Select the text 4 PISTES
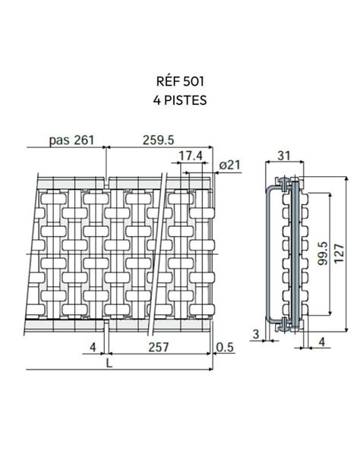pyautogui.click(x=179, y=100)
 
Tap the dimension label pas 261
pyautogui.click(x=71, y=140)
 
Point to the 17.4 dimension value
pyautogui.click(x=190, y=156)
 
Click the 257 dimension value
pyautogui.click(x=158, y=347)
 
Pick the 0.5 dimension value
pyautogui.click(x=224, y=347)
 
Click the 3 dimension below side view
pyautogui.click(x=256, y=335)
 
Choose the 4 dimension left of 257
pyautogui.click(x=91, y=347)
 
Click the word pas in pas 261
pyautogui.click(x=58, y=140)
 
